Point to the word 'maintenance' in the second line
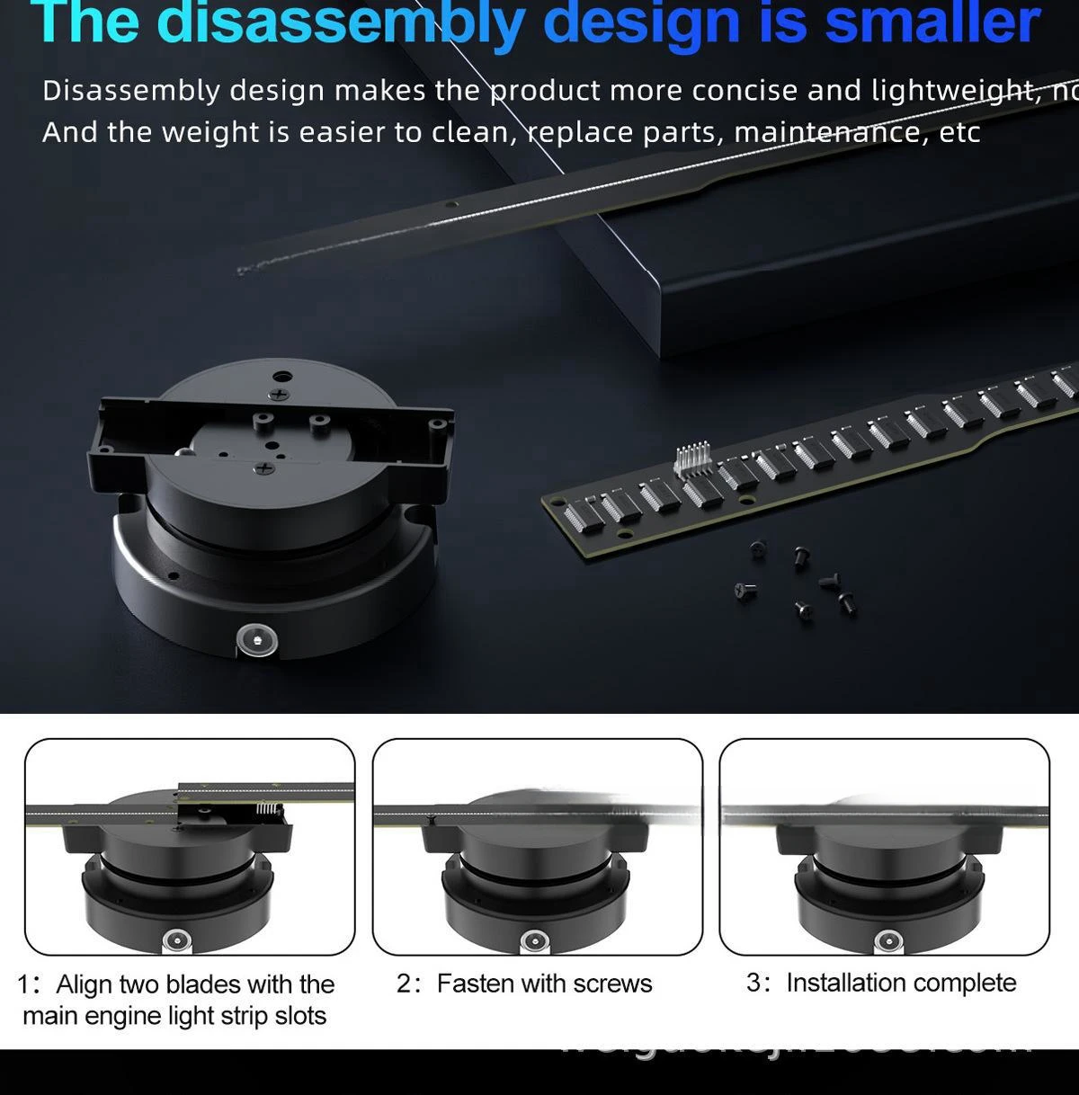tap(827, 133)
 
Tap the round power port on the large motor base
tap(256, 640)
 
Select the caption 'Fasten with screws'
tap(544, 984)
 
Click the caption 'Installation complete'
tap(901, 983)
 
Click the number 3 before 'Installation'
tap(754, 983)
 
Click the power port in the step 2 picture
tap(534, 940)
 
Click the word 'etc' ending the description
tap(959, 133)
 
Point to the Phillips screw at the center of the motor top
tap(264, 468)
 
